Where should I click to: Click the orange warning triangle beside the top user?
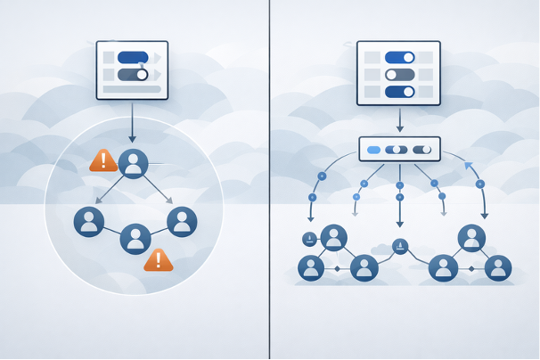coord(103,160)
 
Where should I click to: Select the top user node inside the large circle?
coord(134,163)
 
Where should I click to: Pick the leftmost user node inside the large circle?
coord(89,221)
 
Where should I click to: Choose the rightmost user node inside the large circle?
coord(182,221)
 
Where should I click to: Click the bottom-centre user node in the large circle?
coord(135,238)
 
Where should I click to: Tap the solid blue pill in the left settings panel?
coord(133,58)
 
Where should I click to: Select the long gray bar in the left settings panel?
coord(132,89)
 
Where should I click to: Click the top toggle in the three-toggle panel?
coord(399,57)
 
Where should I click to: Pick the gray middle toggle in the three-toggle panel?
coord(399,75)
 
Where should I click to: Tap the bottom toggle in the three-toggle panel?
coord(399,92)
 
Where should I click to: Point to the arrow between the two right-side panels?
coord(399,119)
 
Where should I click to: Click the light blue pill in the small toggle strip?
coord(373,150)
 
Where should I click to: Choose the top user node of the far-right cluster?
coord(471,238)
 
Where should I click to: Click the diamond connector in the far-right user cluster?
coord(470,268)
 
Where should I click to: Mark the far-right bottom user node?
coord(498,267)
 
